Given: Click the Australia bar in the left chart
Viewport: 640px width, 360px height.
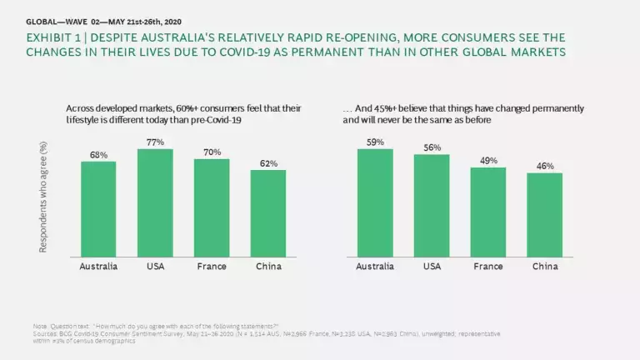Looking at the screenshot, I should click(98, 209).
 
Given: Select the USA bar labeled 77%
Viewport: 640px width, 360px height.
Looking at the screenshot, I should click(155, 203).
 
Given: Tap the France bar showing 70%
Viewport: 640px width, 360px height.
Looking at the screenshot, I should click(212, 208).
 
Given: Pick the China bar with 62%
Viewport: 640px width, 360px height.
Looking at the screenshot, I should click(268, 214).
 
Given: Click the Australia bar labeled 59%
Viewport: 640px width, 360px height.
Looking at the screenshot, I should click(375, 203).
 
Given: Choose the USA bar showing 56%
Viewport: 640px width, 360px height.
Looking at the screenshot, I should click(432, 206).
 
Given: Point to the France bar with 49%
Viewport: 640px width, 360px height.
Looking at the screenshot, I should click(488, 212).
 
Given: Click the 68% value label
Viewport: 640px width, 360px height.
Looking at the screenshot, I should click(98, 154).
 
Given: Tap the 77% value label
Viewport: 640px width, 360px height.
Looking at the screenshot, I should click(155, 142).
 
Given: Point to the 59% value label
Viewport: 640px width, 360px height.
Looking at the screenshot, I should click(375, 142).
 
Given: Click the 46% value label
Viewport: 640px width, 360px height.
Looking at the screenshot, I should click(545, 167).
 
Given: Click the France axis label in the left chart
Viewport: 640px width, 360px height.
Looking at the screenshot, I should click(212, 267).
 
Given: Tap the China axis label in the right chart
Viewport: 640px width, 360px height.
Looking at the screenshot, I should click(545, 267).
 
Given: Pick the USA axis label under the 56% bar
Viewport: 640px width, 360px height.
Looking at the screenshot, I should click(432, 267).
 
